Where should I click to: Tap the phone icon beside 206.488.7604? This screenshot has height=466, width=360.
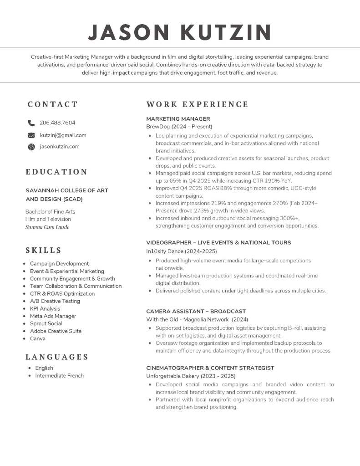click(31, 123)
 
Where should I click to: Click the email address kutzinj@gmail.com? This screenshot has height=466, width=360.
click(63, 135)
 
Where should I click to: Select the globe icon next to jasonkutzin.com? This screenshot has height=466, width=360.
click(31, 147)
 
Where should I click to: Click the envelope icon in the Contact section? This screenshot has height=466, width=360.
click(31, 135)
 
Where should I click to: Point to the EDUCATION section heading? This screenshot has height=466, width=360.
click(56, 172)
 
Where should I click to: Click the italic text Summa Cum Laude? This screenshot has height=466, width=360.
click(47, 227)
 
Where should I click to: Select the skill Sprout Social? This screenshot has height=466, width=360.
click(46, 323)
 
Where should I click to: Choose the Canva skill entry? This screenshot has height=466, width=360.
click(38, 338)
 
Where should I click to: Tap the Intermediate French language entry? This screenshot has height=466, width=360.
click(60, 375)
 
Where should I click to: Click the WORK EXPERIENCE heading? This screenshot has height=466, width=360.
click(197, 104)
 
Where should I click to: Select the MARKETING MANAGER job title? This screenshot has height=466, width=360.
click(178, 119)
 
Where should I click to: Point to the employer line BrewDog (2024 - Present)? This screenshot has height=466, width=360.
click(179, 127)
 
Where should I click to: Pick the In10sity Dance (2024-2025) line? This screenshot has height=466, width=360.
click(182, 251)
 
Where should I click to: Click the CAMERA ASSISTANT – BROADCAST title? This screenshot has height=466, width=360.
click(196, 311)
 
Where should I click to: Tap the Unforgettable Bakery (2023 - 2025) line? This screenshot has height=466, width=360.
click(191, 376)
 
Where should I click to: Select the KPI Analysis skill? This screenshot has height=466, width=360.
click(45, 308)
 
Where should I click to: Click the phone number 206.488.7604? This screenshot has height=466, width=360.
click(57, 123)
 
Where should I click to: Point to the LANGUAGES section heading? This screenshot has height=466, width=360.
click(57, 357)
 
